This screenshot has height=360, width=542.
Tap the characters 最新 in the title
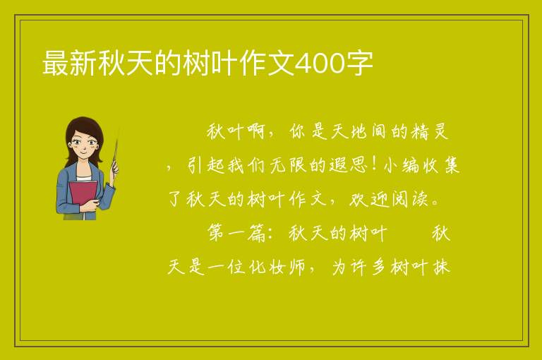[69, 64]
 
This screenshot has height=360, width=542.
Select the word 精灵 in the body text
[430, 132]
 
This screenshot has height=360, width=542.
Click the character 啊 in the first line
[255, 132]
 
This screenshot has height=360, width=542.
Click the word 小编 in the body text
[402, 165]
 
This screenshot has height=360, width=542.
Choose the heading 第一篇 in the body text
[236, 233]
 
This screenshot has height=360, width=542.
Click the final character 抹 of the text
[441, 267]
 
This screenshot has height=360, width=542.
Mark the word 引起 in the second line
[206, 165]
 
